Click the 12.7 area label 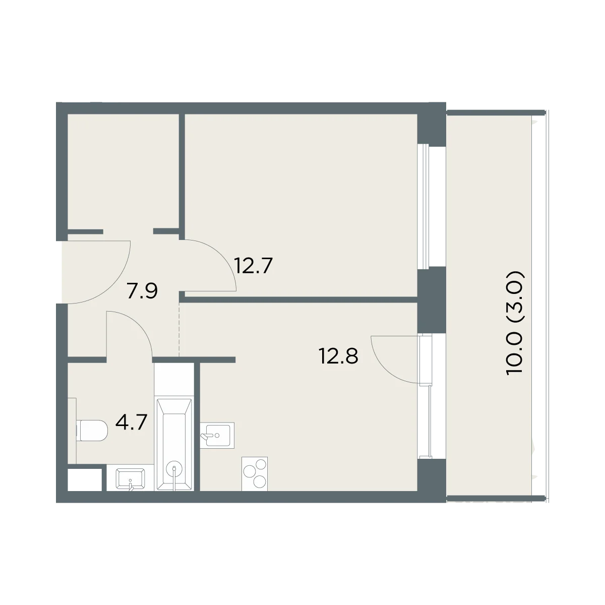pyautogui.click(x=254, y=266)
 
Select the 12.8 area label pyautogui.click(x=338, y=356)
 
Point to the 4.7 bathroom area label pyautogui.click(x=131, y=422)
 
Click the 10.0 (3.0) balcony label pyautogui.click(x=515, y=322)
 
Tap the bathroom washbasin pyautogui.click(x=130, y=478)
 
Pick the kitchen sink pyautogui.click(x=217, y=435)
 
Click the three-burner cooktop pyautogui.click(x=255, y=473)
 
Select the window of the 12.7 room pyautogui.click(x=425, y=206)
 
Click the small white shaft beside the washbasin pyautogui.click(x=85, y=479)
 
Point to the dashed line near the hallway pyautogui.click(x=179, y=329)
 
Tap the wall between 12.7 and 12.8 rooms pyautogui.click(x=300, y=299)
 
